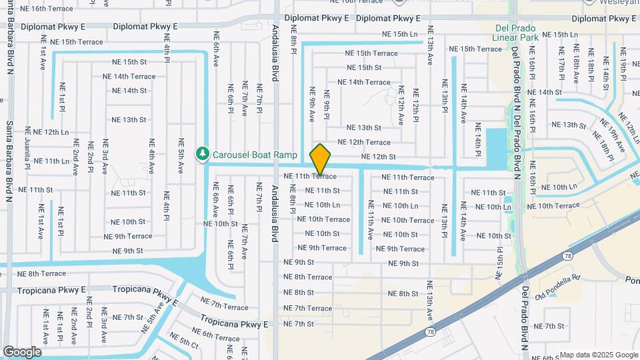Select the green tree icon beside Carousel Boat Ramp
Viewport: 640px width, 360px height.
(202, 154)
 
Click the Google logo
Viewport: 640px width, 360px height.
(22, 351)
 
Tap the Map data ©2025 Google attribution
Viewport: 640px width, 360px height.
(598, 355)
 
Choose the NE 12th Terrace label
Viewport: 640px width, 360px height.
(363, 142)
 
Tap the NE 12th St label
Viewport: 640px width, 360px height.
(378, 157)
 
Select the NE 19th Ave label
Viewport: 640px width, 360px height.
(612, 134)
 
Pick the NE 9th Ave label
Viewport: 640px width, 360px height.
(311, 105)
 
